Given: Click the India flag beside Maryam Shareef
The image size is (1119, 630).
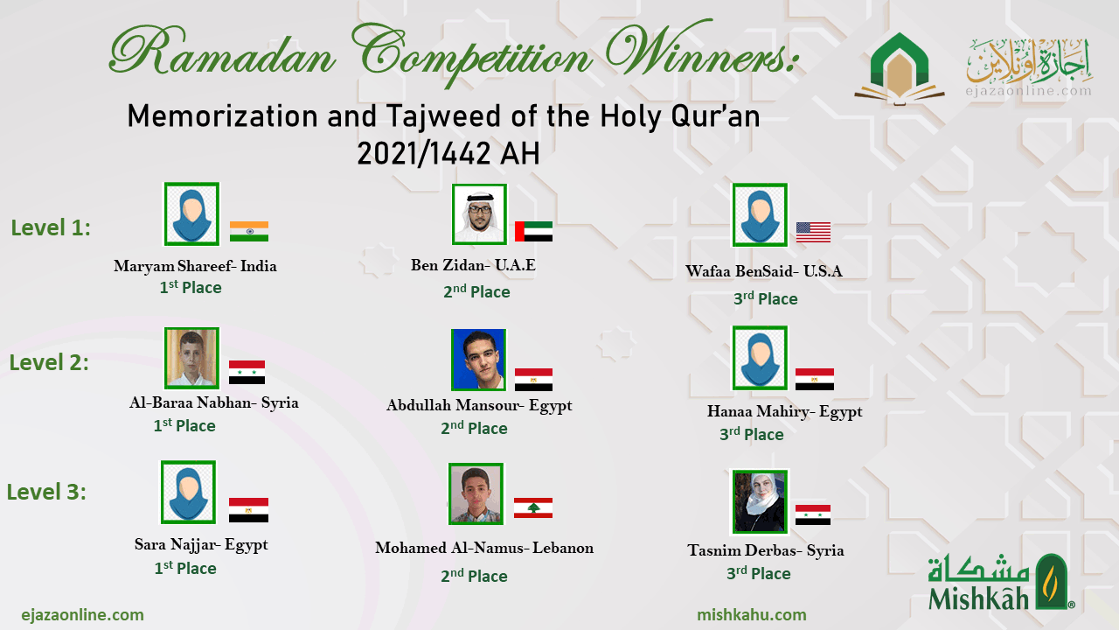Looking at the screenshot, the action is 249,231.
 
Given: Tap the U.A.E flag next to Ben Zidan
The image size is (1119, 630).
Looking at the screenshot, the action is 533,231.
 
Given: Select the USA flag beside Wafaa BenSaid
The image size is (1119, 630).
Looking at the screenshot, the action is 813,232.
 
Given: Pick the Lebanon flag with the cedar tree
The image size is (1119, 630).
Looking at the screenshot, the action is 533,507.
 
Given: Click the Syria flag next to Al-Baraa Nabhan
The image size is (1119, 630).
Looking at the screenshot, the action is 247,372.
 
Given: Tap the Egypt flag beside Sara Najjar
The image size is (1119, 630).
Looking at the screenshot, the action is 248,509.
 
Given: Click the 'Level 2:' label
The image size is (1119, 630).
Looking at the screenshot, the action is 50,362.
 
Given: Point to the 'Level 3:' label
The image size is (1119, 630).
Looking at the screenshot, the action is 46,492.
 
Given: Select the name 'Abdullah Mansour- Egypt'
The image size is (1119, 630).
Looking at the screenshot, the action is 479,405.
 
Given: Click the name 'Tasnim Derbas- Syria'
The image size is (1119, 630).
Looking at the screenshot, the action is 766,550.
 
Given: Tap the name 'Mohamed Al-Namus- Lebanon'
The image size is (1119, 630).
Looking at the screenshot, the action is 484,548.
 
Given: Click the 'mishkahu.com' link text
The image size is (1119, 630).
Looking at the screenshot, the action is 752,614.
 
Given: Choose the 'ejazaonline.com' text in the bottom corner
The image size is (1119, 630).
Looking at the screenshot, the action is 82,614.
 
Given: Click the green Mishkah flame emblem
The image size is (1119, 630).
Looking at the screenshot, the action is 1052,582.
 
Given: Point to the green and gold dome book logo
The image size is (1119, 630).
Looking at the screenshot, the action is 900,69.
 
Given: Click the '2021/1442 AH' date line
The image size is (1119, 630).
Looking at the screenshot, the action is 448,153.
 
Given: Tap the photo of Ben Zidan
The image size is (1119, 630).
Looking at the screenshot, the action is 479,214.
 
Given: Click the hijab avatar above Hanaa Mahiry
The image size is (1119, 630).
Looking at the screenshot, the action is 760,358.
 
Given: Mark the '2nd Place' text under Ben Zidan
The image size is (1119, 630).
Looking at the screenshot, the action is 476,291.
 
